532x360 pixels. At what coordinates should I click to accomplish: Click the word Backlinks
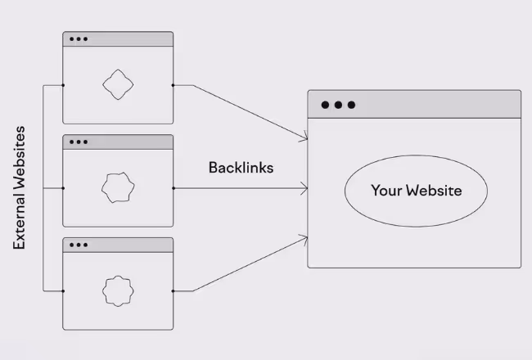pyautogui.click(x=240, y=167)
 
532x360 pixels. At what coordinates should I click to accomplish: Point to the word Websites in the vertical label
pyautogui.click(x=20, y=155)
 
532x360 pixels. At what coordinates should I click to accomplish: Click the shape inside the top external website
pyautogui.click(x=117, y=84)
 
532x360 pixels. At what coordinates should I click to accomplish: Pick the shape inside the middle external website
pyautogui.click(x=117, y=187)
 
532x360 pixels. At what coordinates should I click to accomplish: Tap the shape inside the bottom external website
pyautogui.click(x=117, y=290)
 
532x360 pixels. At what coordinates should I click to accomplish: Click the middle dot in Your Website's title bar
pyautogui.click(x=338, y=105)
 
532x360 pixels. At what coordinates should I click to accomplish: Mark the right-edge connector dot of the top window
pyautogui.click(x=174, y=84)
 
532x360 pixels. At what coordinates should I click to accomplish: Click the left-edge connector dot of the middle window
pyautogui.click(x=63, y=187)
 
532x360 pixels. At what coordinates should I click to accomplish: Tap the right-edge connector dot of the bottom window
pyautogui.click(x=174, y=290)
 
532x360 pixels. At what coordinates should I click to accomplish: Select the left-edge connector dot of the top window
pyautogui.click(x=63, y=84)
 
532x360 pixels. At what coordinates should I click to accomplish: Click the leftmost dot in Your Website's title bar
pyautogui.click(x=325, y=105)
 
